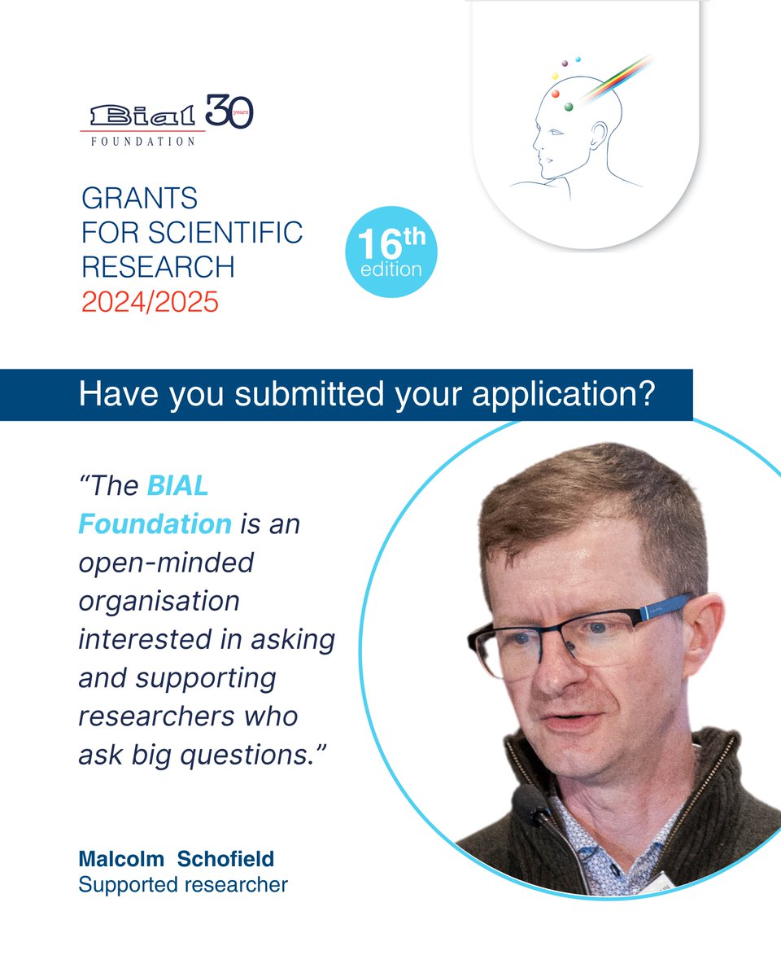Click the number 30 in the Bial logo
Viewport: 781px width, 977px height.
coord(229,112)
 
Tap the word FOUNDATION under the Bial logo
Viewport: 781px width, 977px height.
coord(142,141)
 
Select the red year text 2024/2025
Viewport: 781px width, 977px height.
coord(150,302)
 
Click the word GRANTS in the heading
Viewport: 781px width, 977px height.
coord(139,198)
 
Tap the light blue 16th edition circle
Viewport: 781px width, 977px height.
coord(391,252)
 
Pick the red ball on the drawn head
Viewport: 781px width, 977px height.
coord(556,94)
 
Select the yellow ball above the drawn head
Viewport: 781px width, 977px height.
coord(555,76)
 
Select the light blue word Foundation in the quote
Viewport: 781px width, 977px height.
coord(155,524)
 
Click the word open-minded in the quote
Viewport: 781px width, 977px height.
coord(166,562)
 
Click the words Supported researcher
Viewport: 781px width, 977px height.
coord(183,883)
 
